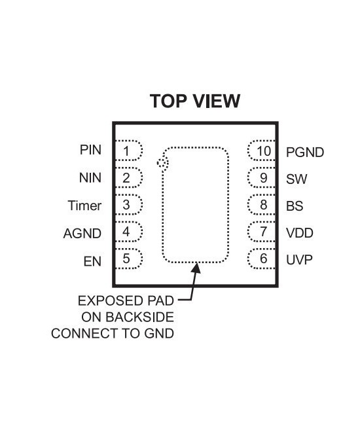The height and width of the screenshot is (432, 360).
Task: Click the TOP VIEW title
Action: [195, 101]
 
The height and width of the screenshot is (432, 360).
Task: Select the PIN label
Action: [90, 150]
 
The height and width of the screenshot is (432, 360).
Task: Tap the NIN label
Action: [90, 177]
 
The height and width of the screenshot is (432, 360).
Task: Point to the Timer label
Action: [85, 206]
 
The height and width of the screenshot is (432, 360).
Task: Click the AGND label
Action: [82, 232]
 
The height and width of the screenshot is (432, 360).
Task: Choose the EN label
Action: [92, 261]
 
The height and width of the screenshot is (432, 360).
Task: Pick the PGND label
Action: [305, 153]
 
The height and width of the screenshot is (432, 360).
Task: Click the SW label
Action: [297, 179]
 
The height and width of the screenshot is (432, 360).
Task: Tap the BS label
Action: [295, 206]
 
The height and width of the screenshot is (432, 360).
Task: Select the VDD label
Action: [299, 232]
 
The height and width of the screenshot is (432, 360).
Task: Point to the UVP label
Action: [299, 260]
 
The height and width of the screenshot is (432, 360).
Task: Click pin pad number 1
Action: [128, 151]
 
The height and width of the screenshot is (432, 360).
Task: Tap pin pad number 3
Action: [128, 205]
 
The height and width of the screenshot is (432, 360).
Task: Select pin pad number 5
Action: [128, 259]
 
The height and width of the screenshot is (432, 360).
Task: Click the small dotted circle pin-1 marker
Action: [163, 163]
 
